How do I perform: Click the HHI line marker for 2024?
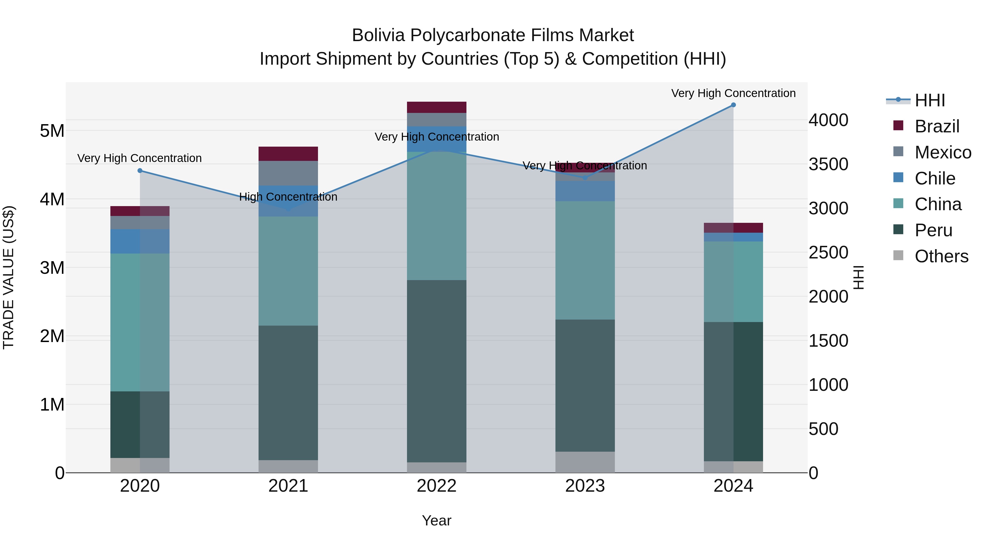[733, 105]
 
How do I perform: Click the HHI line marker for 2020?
[140, 171]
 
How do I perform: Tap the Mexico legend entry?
[942, 152]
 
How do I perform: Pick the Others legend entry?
[941, 256]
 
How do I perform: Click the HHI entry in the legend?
[929, 100]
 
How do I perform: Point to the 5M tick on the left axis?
[52, 131]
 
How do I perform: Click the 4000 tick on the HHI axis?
[828, 120]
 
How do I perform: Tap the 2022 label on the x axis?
[436, 486]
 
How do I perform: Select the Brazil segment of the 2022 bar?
[436, 107]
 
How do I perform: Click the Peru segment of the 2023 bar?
[585, 385]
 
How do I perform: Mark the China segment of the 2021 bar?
[288, 271]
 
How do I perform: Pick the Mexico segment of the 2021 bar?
[288, 173]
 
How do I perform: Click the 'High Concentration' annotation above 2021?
[288, 197]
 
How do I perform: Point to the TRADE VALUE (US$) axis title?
[8, 277]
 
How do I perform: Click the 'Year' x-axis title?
[436, 520]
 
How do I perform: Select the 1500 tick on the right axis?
[828, 341]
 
